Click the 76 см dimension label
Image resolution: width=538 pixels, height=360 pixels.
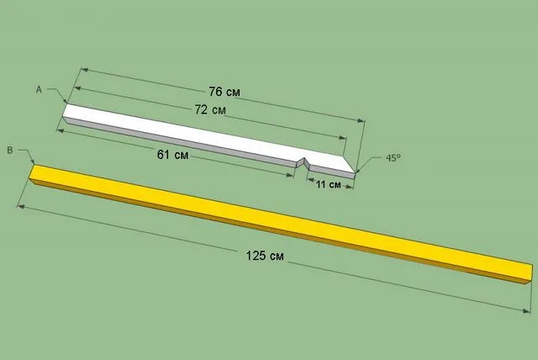point(224,92)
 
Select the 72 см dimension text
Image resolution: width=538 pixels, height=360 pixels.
point(210,110)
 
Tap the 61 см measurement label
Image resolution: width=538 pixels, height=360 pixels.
point(172,155)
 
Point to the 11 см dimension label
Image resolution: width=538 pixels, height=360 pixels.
point(329,185)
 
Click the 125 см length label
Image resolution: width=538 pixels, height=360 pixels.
point(265,256)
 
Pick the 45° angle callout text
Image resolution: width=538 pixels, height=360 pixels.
point(393,158)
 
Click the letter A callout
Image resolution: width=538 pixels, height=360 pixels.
point(39,89)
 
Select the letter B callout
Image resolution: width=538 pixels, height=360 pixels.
point(10,151)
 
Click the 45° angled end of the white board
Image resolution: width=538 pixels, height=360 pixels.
point(350,164)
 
